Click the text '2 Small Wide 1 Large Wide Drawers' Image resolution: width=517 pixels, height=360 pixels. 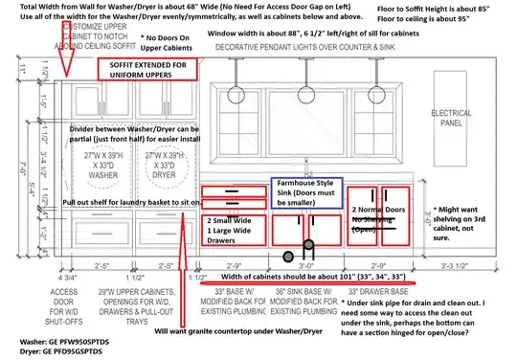pos(235,225)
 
